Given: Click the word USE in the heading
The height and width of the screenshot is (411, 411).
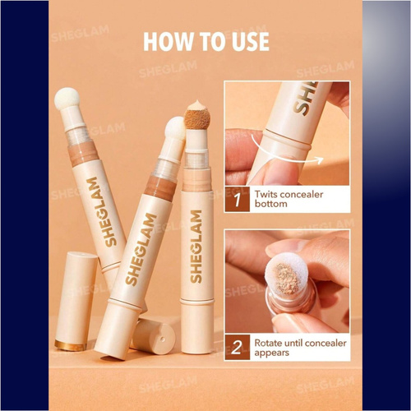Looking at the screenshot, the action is (x=251, y=42).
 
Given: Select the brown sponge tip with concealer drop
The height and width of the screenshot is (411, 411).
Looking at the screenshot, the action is (x=194, y=115).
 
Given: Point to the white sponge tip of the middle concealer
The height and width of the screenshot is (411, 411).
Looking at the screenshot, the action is (x=175, y=129).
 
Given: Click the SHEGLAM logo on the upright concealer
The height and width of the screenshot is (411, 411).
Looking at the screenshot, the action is (x=196, y=247).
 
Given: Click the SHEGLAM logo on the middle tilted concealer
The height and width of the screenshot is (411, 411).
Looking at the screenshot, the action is (x=141, y=249).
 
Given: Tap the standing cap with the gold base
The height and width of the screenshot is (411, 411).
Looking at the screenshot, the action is (x=76, y=301).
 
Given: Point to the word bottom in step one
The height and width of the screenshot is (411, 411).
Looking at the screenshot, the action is (x=270, y=204).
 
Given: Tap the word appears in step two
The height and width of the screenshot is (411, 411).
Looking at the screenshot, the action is (x=271, y=353).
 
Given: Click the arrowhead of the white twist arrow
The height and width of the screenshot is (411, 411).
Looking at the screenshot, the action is (x=320, y=160).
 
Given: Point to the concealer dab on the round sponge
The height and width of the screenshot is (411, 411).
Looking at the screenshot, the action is (x=287, y=279).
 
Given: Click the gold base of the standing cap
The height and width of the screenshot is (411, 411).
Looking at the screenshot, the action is (x=71, y=345).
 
